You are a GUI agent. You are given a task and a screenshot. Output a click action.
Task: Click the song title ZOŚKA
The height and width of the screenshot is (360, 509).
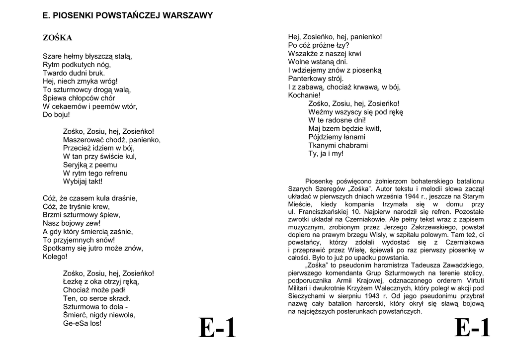(x=57, y=38)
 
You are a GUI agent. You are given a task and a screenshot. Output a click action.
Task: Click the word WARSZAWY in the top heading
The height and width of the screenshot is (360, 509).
(x=190, y=15)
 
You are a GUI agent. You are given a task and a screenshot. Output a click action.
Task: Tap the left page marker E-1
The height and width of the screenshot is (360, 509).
(x=217, y=328)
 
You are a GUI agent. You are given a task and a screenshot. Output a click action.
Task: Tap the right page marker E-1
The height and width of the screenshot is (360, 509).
(x=472, y=328)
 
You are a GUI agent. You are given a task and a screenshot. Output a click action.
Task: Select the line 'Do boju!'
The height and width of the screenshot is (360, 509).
(x=56, y=115)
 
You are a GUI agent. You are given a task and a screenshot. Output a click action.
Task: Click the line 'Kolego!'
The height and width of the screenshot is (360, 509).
(x=55, y=257)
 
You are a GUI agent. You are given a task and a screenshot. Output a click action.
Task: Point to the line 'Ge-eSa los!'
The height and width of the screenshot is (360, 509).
(x=82, y=323)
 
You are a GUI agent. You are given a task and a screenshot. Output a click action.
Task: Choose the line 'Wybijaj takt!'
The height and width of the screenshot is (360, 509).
(x=83, y=181)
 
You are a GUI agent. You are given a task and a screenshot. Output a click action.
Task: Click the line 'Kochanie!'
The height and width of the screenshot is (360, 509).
(x=304, y=95)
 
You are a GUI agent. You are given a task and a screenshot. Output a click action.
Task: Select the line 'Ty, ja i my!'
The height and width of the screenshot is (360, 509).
(x=326, y=154)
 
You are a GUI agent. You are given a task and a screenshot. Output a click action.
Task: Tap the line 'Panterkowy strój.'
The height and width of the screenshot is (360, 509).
(x=316, y=79)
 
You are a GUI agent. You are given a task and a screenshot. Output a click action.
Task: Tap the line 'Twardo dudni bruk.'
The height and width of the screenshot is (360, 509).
(x=74, y=73)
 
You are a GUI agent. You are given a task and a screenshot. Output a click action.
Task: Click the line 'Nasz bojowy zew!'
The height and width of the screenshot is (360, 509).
(x=72, y=223)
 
